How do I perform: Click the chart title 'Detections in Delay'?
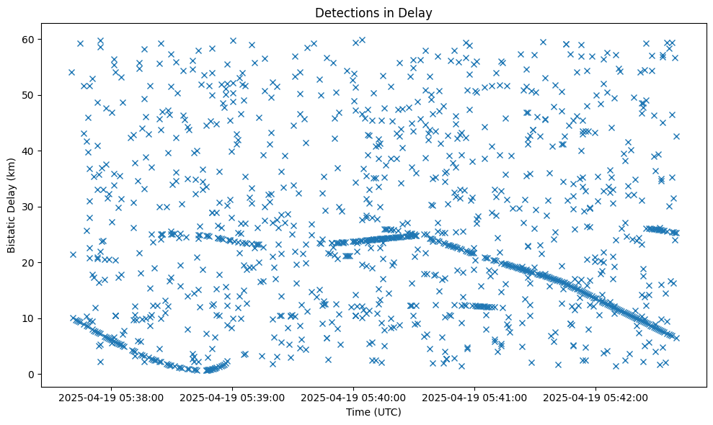pyautogui.click(x=373, y=12)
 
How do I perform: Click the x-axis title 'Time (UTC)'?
pyautogui.click(x=373, y=412)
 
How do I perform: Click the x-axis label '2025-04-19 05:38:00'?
pyautogui.click(x=112, y=397)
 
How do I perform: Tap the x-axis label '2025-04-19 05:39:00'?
pyautogui.click(x=233, y=397)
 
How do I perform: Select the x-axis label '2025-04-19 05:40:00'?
pyautogui.click(x=354, y=397)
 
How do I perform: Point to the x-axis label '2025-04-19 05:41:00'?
pyautogui.click(x=475, y=397)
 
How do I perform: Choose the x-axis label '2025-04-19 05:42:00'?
pyautogui.click(x=596, y=397)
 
